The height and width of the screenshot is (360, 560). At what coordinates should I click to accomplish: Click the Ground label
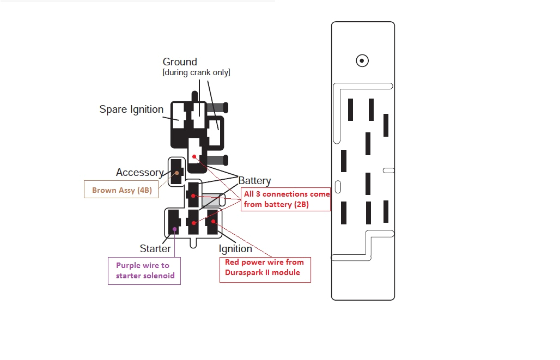tap(180, 62)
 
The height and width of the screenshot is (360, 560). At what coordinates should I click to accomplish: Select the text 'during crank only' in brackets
tap(196, 73)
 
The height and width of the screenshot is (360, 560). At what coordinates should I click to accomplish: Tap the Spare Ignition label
tap(131, 109)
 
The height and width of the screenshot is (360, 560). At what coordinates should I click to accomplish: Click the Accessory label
tap(139, 173)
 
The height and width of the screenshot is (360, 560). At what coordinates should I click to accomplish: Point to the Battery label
tap(254, 181)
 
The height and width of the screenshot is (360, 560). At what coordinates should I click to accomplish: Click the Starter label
tap(155, 249)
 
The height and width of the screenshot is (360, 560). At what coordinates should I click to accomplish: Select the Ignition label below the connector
tap(235, 249)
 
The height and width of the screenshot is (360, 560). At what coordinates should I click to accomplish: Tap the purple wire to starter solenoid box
tap(143, 270)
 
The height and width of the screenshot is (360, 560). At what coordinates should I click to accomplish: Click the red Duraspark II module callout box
tap(265, 270)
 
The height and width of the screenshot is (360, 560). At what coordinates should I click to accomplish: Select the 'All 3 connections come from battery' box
tap(287, 199)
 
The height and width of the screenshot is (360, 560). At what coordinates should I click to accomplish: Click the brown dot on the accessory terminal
tap(176, 173)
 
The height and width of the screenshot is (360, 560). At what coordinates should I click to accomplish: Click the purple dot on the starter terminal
tap(174, 229)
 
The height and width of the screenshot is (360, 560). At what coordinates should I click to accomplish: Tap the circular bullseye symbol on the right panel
tap(362, 61)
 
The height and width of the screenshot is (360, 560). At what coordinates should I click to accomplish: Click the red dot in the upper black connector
tap(193, 157)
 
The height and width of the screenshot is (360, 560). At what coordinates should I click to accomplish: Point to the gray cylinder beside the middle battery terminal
tap(212, 200)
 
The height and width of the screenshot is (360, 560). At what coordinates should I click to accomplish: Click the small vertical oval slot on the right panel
tap(337, 186)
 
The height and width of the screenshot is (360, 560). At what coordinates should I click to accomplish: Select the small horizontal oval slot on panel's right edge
tap(388, 170)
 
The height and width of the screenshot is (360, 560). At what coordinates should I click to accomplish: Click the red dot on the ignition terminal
tap(214, 221)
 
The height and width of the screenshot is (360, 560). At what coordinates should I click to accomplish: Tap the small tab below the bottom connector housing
tap(193, 243)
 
